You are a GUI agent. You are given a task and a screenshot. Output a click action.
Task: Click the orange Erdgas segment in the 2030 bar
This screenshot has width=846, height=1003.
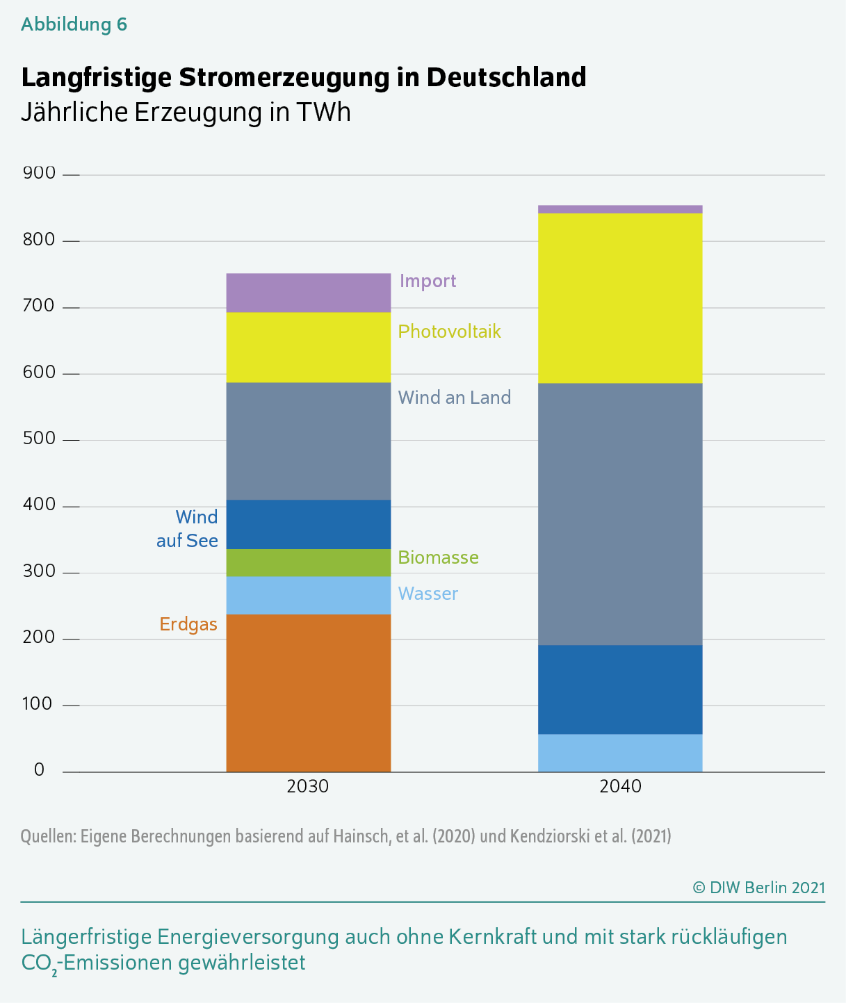(308, 692)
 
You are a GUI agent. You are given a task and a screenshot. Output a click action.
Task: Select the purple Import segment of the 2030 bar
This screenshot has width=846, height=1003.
(308, 293)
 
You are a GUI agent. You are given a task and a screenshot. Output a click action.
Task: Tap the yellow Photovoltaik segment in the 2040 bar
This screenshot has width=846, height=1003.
(620, 298)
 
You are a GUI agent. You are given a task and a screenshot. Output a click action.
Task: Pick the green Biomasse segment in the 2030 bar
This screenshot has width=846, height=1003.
(308, 562)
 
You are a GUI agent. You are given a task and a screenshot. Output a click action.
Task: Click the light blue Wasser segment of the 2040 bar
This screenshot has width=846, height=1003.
(620, 753)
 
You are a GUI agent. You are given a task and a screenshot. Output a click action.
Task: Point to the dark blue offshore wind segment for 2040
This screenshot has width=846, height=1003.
(620, 690)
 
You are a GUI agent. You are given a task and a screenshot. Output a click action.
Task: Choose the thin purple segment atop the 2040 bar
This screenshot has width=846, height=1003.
(620, 209)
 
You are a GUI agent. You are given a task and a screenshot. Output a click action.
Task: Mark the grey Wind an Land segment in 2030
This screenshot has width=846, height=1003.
(308, 441)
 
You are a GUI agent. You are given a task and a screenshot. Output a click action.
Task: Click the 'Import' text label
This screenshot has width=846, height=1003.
(428, 282)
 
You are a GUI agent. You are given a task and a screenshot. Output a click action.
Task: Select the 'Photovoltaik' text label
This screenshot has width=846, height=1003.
(449, 332)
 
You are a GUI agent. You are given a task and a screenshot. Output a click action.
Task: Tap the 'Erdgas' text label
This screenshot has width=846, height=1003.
(188, 624)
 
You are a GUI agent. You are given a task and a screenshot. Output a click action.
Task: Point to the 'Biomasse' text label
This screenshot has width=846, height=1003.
(438, 557)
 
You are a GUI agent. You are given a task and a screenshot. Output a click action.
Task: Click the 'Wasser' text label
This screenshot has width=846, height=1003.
(428, 594)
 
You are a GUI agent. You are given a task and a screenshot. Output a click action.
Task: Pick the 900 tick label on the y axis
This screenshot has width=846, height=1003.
(39, 173)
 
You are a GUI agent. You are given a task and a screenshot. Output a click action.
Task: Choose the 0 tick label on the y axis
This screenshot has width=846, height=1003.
(39, 770)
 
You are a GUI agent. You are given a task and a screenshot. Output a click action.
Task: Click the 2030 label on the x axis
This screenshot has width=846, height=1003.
(308, 787)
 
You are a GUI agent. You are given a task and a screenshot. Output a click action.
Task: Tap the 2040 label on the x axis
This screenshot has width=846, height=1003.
(620, 787)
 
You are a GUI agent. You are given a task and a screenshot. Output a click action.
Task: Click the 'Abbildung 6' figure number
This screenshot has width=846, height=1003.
(74, 24)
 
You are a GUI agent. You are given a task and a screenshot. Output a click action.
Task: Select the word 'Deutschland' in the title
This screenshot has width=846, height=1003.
(506, 77)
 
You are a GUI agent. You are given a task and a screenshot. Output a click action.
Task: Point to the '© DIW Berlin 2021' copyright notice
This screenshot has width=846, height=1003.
(758, 888)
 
